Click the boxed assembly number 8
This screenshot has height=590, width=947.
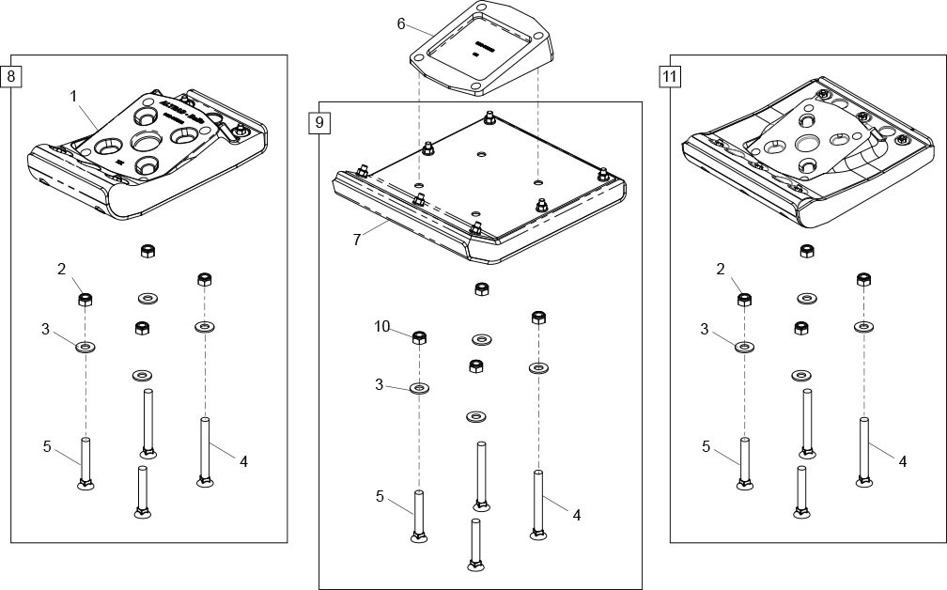11,74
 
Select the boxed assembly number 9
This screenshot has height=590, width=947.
318,122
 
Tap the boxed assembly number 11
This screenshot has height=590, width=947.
669,76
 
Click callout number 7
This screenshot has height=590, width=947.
357,240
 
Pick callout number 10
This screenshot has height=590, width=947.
381,327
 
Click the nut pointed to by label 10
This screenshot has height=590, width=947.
420,338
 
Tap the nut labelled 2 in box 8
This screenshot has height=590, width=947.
85,300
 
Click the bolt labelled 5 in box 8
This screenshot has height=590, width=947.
85,463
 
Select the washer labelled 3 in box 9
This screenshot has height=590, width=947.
420,387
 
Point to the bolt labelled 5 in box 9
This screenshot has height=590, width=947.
419,515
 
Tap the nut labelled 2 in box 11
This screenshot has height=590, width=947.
744,300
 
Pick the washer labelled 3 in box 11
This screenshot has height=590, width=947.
744,347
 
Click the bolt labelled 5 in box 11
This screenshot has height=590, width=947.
745,463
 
